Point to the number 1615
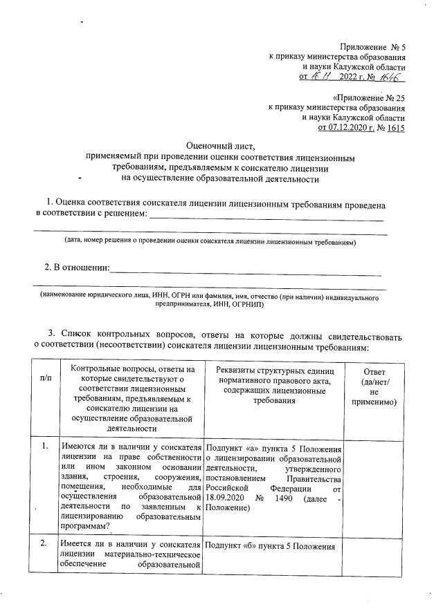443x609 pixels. click(396, 128)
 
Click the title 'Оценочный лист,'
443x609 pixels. click(221, 146)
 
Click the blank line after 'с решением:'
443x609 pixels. click(266, 218)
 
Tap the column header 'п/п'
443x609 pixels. click(46, 378)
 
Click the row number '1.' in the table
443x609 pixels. click(45, 445)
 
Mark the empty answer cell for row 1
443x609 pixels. click(374, 484)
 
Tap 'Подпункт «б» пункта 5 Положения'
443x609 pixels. click(270, 547)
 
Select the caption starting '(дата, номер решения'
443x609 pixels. click(210, 243)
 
